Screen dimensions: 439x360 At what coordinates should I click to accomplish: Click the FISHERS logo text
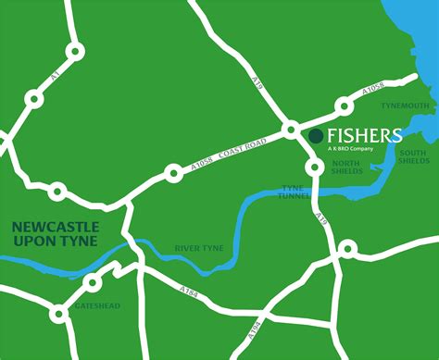click(x=363, y=136)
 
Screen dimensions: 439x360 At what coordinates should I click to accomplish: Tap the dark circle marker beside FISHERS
click(x=316, y=136)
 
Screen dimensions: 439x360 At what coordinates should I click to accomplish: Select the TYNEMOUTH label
click(x=408, y=106)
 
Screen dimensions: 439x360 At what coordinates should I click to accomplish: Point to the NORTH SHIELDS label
click(x=346, y=167)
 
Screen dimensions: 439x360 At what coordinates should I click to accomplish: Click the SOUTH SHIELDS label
click(x=414, y=156)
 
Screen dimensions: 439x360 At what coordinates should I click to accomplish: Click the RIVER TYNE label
click(x=199, y=249)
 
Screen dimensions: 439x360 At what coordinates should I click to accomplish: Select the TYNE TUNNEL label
click(x=294, y=192)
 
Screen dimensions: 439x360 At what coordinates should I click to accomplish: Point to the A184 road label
click(x=189, y=293)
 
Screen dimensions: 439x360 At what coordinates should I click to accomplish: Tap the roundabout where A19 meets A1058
click(x=290, y=129)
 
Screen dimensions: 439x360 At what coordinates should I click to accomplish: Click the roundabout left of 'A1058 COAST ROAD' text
click(x=172, y=171)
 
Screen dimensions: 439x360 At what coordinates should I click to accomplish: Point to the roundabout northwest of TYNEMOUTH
click(x=345, y=106)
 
